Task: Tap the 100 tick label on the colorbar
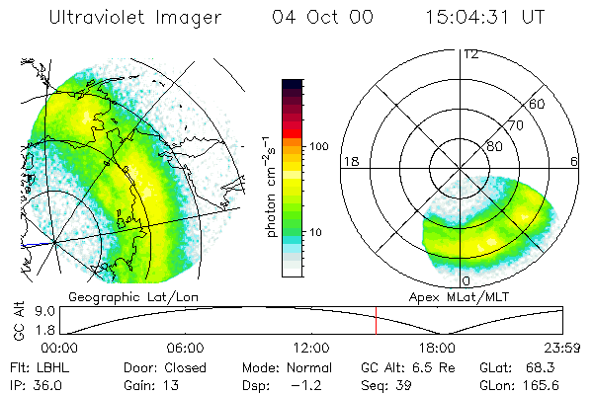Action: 317,146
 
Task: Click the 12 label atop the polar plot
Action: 470,54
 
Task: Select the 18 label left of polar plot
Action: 349,161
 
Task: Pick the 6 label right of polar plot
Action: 575,161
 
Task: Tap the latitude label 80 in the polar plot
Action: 493,146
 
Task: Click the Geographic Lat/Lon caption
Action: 117,296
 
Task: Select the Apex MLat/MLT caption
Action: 465,296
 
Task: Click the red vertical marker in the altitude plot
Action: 376,320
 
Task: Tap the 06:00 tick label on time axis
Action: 186,348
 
